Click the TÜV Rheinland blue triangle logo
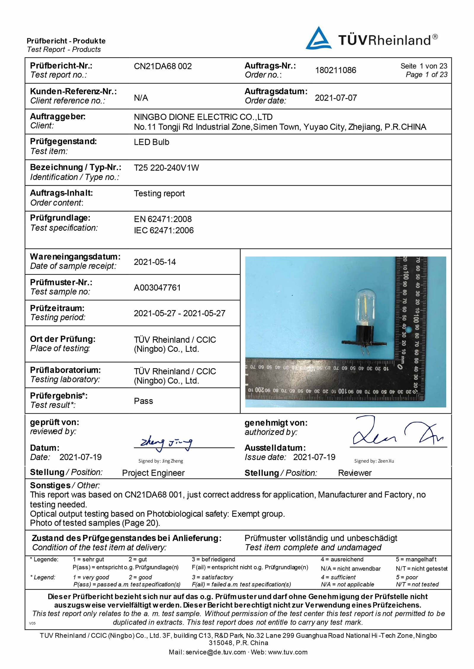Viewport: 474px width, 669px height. pos(318,39)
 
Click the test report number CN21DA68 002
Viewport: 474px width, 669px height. pos(163,66)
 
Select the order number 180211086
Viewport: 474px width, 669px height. pos(335,70)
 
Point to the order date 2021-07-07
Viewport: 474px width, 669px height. pos(336,98)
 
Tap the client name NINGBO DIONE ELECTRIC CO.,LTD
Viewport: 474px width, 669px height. pos(203,117)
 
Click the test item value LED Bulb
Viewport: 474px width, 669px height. pos(151,142)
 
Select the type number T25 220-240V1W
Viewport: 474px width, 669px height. pos(166,168)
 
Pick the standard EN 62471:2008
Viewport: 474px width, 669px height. pos(163,219)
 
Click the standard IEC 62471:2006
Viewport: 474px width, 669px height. pos(164,230)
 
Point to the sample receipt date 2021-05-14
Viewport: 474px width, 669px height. pos(155,262)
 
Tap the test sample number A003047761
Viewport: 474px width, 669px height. pos(157,287)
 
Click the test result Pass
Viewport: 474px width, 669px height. pos(143,401)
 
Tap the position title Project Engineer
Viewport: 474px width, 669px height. pos(153,473)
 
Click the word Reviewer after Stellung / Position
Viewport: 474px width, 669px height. pos(355,473)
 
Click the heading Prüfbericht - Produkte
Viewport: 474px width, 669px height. pos(66,41)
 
